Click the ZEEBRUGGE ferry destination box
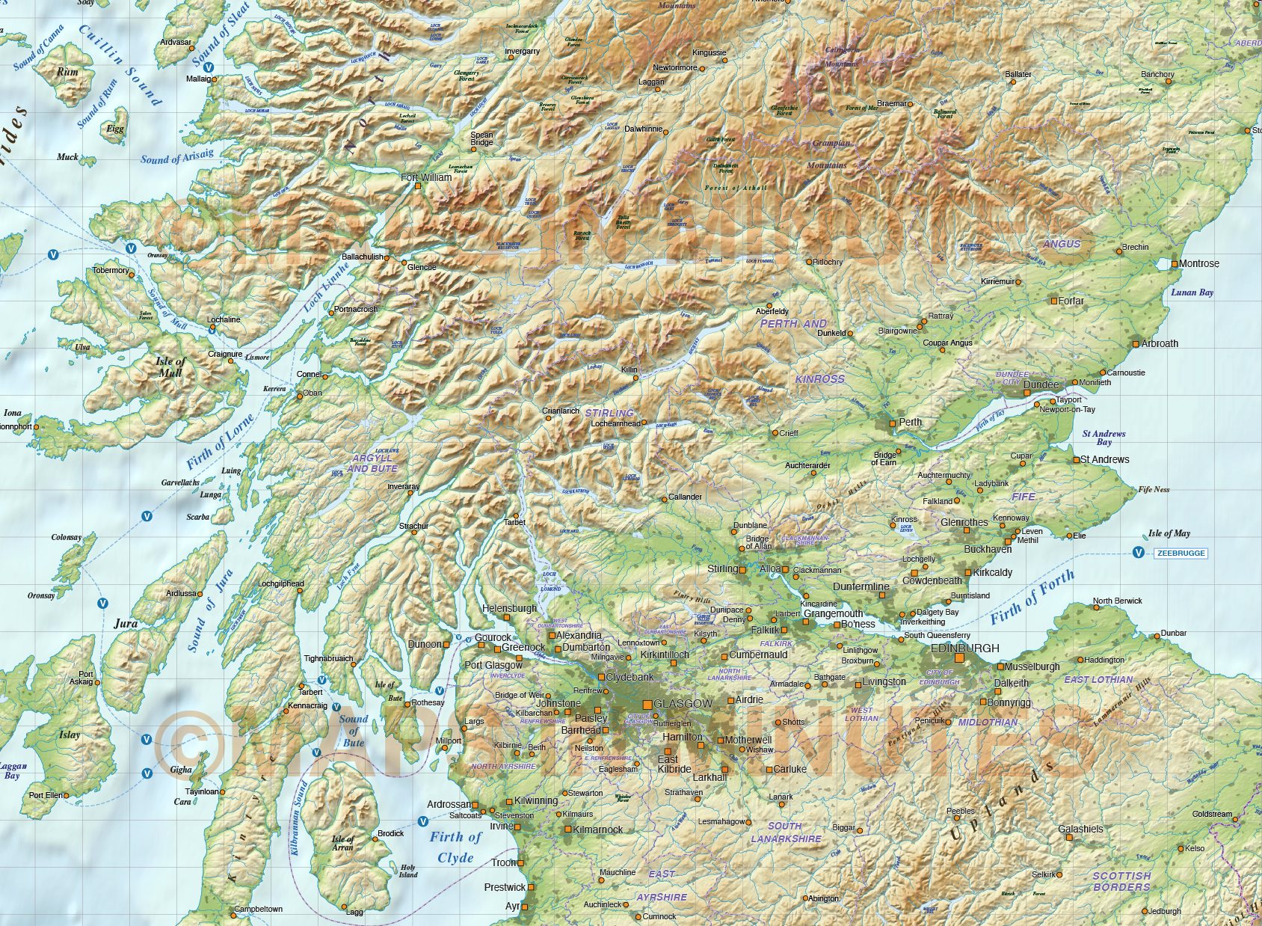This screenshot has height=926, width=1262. pos(1181,554)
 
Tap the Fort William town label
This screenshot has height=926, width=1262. pos(426,177)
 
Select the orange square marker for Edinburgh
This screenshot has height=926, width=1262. pos(959,659)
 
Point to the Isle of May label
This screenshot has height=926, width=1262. pos(1169,533)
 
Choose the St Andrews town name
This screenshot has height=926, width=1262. pos(1104,459)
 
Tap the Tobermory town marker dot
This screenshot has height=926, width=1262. pos(132,275)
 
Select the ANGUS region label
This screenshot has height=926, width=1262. pos(1062,244)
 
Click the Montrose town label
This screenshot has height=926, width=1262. pos(1198,263)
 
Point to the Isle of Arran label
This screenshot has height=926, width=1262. pos(342,843)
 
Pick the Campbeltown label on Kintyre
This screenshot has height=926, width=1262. pos(258,909)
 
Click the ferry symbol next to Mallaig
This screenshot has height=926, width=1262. pos(209,67)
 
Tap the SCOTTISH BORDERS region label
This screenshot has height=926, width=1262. pos(1121,881)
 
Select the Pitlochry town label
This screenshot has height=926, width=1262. pos(828,262)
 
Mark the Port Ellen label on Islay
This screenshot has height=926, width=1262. pos(46,795)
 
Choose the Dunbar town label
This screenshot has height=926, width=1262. pos(1173,633)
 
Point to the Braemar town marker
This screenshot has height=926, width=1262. pos(911,104)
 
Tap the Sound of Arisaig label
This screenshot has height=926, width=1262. pos(176,156)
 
